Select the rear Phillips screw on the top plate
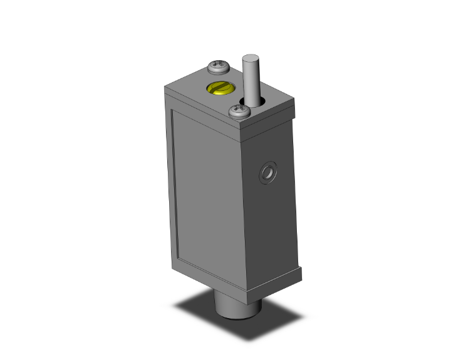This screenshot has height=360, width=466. (219, 65)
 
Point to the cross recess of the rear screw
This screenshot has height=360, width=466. (219, 64)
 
